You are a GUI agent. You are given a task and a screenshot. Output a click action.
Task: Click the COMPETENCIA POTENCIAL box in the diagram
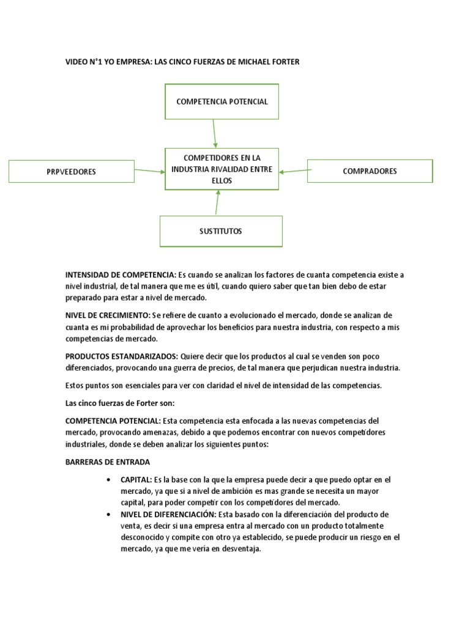point(222,101)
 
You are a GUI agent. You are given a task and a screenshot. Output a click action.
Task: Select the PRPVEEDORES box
point(71,172)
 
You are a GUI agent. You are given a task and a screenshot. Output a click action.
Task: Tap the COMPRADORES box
point(370,171)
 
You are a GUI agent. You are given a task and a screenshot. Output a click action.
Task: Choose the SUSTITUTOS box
point(221,231)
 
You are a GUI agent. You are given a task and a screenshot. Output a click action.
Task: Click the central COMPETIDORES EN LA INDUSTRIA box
point(222,168)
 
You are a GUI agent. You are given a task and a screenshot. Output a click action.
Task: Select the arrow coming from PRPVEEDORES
point(149,171)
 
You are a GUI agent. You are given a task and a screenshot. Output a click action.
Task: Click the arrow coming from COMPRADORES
point(293,171)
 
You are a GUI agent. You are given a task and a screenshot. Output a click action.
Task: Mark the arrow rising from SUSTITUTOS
point(217,202)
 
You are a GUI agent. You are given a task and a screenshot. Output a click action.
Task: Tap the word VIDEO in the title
point(76,62)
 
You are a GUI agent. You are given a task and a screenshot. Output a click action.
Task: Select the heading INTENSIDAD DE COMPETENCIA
point(121,275)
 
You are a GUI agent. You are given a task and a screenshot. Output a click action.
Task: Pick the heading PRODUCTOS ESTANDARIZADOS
point(122,356)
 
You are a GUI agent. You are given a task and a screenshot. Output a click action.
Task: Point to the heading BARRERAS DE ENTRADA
point(107,462)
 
